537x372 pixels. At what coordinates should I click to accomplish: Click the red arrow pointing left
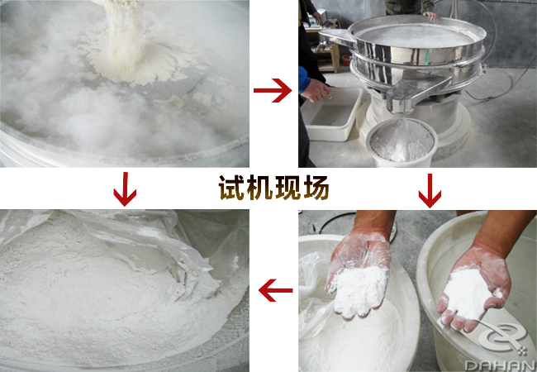pos(275,290)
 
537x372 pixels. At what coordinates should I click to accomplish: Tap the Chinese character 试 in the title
pos(231,188)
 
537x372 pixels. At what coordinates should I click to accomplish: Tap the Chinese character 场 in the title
pos(316,188)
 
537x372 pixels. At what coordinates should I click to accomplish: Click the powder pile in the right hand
pos(467,293)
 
